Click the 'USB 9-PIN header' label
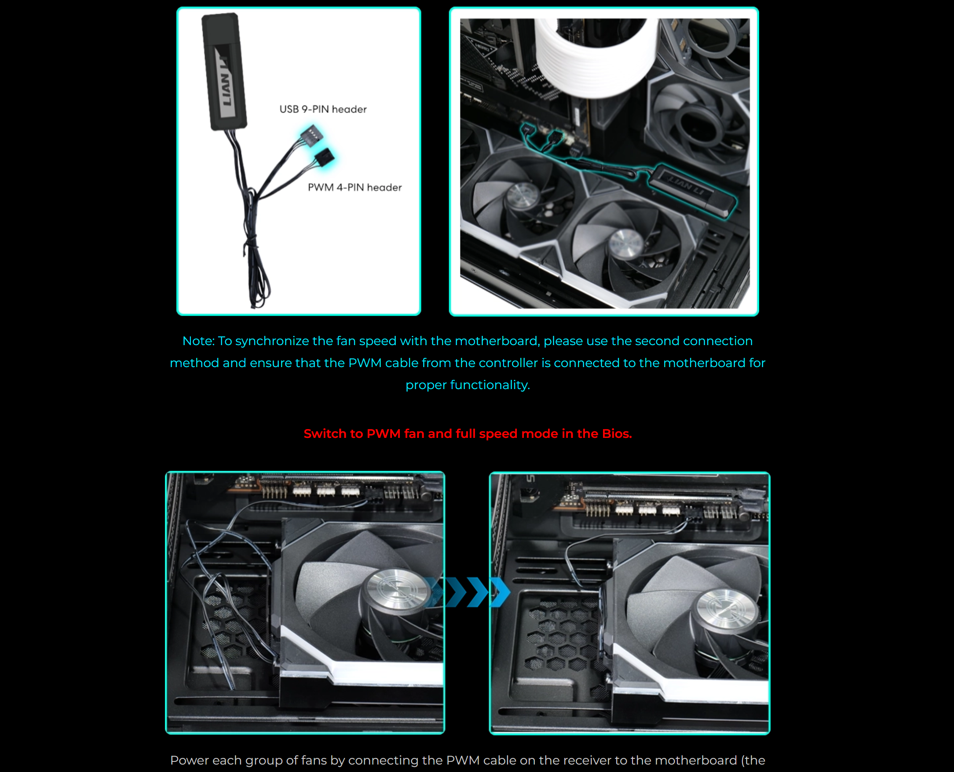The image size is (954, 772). point(322,109)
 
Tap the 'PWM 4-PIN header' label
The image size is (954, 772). point(355,188)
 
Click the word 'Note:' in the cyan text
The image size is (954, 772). point(198,341)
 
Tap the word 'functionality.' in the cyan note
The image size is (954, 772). point(490,385)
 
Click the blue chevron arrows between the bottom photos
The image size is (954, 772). point(469,592)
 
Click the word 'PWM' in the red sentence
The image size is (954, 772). point(384,433)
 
